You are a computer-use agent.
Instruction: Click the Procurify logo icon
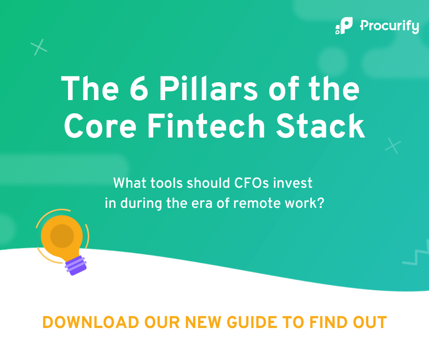click(344, 26)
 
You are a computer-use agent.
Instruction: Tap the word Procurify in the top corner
click(389, 26)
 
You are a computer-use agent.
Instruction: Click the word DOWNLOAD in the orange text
click(90, 322)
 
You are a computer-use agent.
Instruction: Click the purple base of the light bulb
click(75, 265)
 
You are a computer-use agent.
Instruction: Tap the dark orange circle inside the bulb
click(62, 236)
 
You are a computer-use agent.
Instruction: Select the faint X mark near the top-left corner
click(39, 47)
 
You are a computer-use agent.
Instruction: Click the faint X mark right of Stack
click(392, 146)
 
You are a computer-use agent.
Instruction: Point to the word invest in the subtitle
click(295, 183)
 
